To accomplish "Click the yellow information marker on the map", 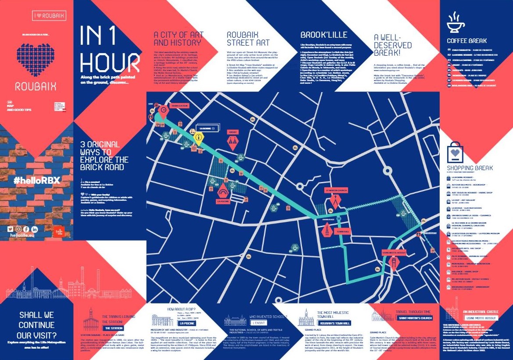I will [198, 138].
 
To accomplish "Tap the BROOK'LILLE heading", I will [323, 35].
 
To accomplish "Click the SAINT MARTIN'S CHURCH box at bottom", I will [415, 318].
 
